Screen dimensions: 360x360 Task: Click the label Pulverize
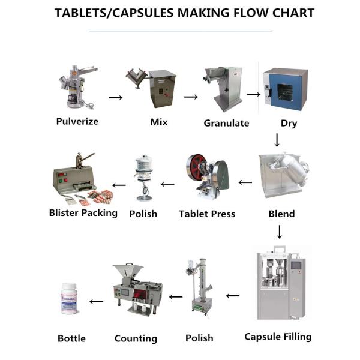point(77,121)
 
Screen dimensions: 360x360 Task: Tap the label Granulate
point(226,123)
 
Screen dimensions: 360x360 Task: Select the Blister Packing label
point(83,213)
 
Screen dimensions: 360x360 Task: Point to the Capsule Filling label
point(278,337)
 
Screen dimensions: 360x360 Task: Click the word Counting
point(136,338)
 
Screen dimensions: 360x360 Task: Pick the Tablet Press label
point(207,214)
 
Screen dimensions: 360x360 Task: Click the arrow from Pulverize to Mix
point(116,98)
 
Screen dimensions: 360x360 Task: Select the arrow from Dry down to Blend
point(277,140)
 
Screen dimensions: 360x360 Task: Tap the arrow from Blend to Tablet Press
point(245,182)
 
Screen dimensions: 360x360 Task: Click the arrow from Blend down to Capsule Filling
point(280,232)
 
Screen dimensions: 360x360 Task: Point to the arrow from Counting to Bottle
point(96,301)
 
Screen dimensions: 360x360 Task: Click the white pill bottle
point(69,298)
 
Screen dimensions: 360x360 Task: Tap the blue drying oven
point(285,89)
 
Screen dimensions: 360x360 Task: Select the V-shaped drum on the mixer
point(136,77)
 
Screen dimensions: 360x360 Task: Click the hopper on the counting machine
point(128,272)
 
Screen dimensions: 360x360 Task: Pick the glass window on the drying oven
point(285,92)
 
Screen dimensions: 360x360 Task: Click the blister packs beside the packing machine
point(101,197)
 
